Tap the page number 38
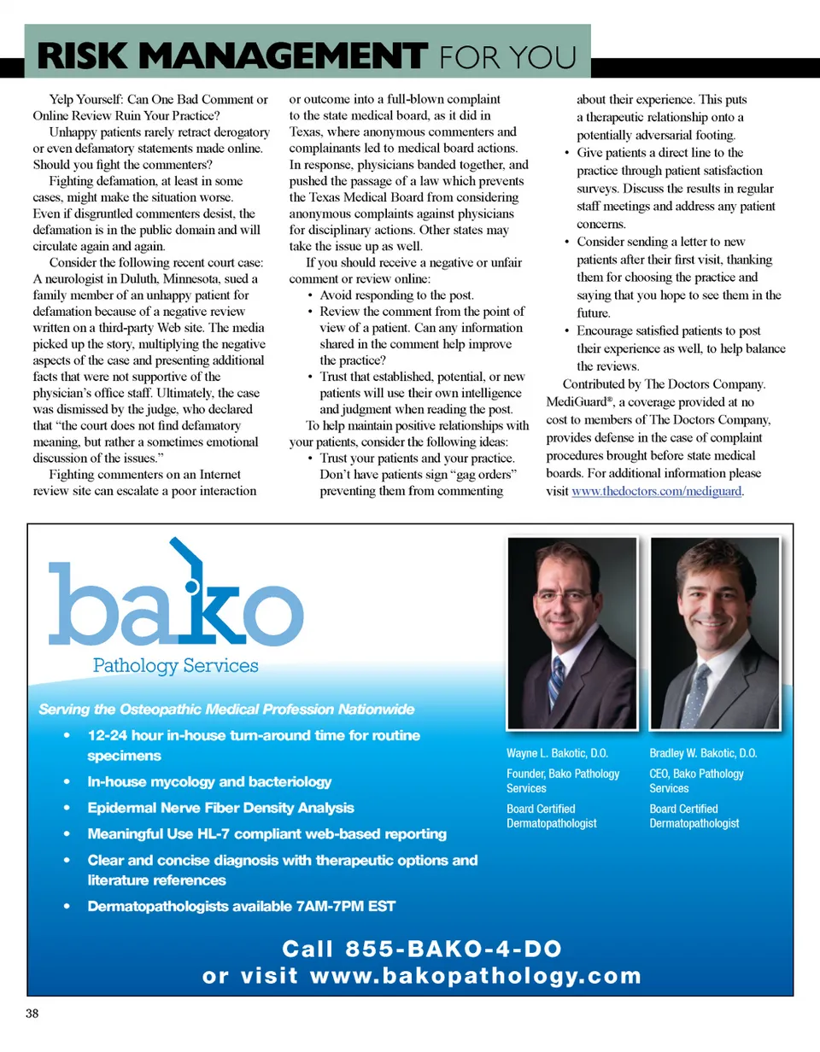pyautogui.click(x=32, y=1014)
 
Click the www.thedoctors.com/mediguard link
pyautogui.click(x=657, y=491)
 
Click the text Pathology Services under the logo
pyautogui.click(x=174, y=665)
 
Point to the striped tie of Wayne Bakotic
pyautogui.click(x=557, y=683)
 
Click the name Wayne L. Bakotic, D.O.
pyautogui.click(x=557, y=754)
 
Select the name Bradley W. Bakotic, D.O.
pyautogui.click(x=703, y=754)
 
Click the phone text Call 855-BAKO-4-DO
pyautogui.click(x=422, y=949)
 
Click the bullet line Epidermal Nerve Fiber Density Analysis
pyautogui.click(x=220, y=808)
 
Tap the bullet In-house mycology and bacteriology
pyautogui.click(x=209, y=781)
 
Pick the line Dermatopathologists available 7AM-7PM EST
pyautogui.click(x=241, y=906)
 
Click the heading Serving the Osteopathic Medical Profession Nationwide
pyautogui.click(x=226, y=710)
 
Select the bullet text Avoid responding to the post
pyautogui.click(x=396, y=295)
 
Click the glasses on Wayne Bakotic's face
pyautogui.click(x=565, y=595)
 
